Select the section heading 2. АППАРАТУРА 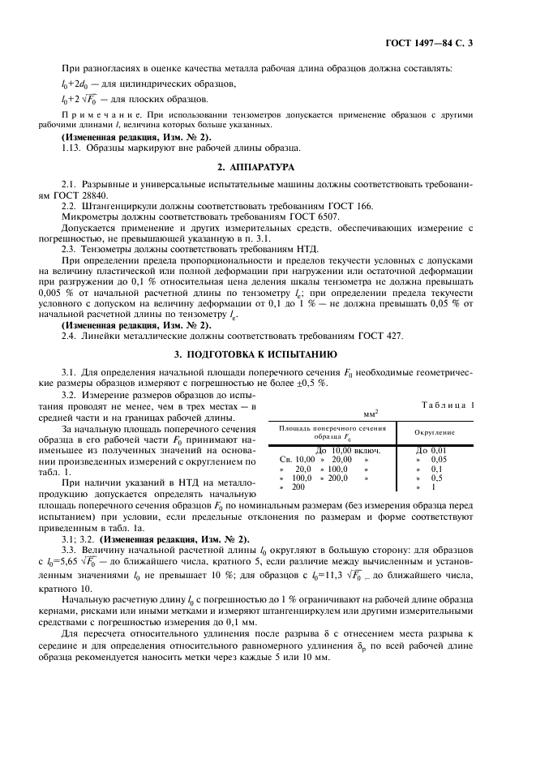click(268, 167)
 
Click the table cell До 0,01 click(431, 450)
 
